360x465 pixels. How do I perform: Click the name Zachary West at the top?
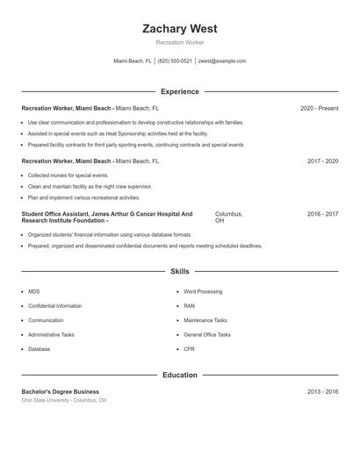click(179, 28)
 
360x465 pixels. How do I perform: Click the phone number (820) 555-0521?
click(175, 61)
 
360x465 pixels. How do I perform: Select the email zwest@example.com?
click(222, 61)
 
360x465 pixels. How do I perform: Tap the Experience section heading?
click(179, 91)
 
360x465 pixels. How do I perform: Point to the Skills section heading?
click(179, 272)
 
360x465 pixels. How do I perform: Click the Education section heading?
click(179, 375)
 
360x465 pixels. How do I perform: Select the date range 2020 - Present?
click(319, 108)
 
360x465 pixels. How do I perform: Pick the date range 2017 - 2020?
click(322, 161)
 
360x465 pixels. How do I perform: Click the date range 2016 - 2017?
click(322, 214)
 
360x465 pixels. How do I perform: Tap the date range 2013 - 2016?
click(322, 391)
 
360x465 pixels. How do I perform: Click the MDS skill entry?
click(33, 291)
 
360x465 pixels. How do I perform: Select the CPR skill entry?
click(189, 348)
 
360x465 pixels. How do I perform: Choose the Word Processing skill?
click(203, 291)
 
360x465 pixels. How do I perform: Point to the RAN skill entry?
click(189, 305)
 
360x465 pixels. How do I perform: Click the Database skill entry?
click(39, 348)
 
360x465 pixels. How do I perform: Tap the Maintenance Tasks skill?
click(205, 320)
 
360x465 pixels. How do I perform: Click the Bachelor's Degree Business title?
click(60, 391)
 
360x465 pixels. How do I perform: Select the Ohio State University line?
click(63, 400)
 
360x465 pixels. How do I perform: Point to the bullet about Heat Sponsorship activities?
click(118, 133)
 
